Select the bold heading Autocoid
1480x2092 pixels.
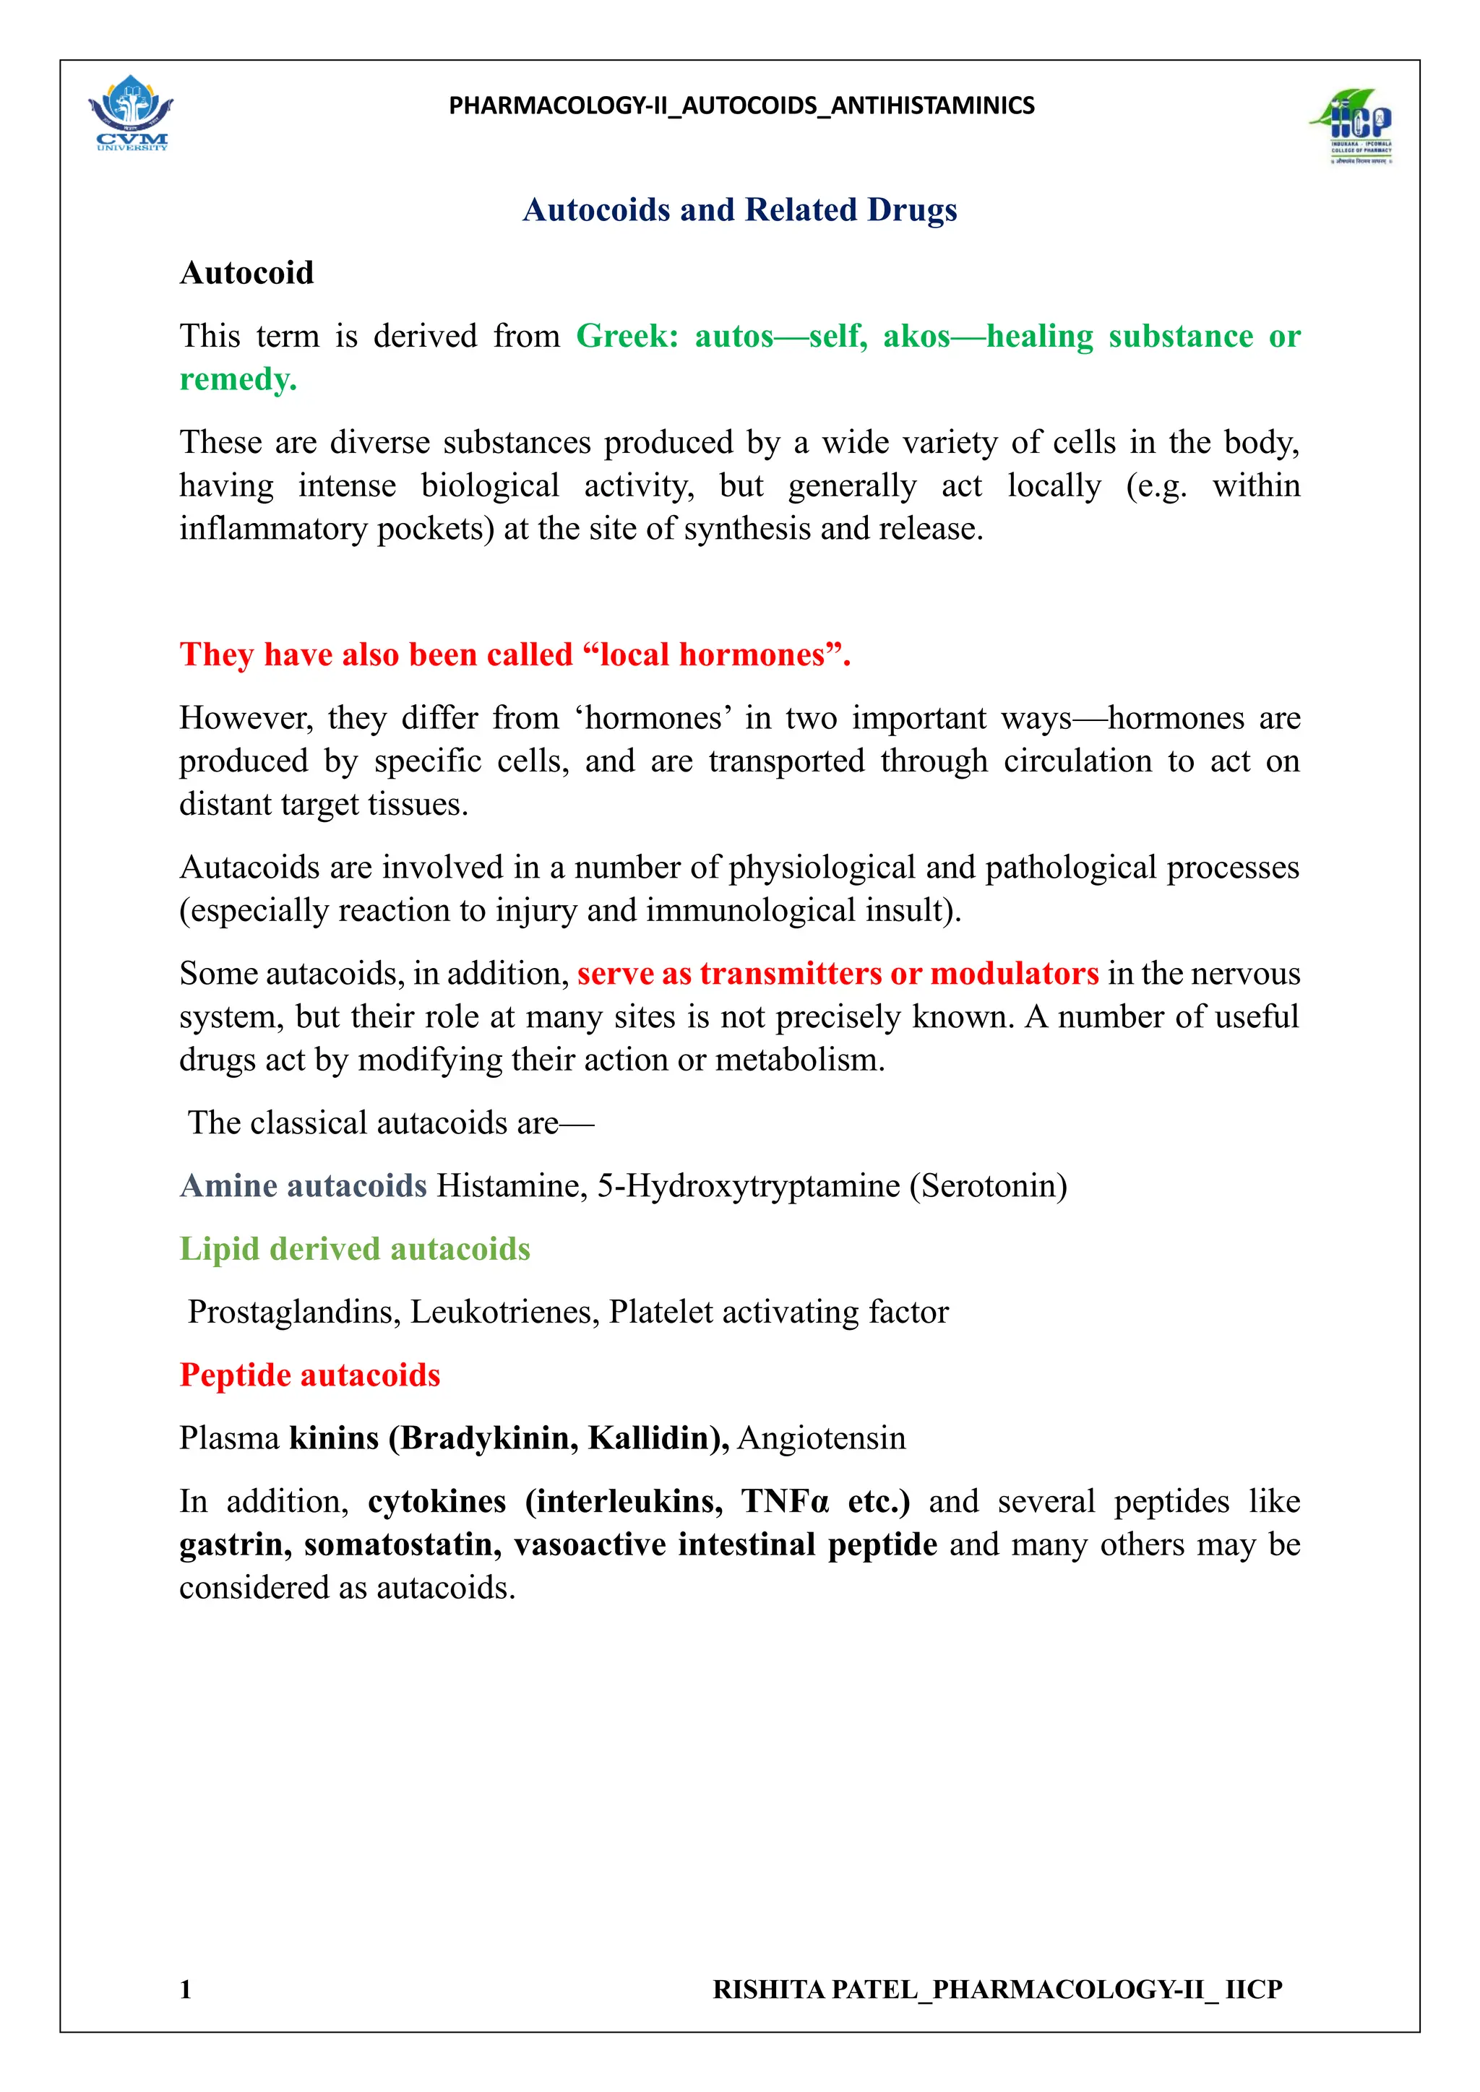pyautogui.click(x=247, y=273)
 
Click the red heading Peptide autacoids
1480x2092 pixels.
pyautogui.click(x=310, y=1375)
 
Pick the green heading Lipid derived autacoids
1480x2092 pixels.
pyautogui.click(x=355, y=1249)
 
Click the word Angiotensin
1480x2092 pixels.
pyautogui.click(x=821, y=1438)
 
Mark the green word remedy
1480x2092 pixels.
pyautogui.click(x=238, y=379)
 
